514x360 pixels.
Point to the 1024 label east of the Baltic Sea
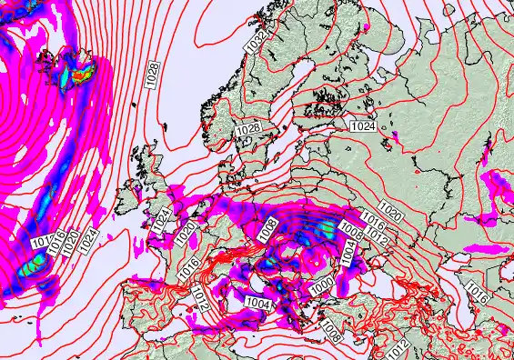tap(363, 126)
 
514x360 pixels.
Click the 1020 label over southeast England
tap(186, 233)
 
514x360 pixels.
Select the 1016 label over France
tap(189, 267)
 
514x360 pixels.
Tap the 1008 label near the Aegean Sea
tap(332, 335)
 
